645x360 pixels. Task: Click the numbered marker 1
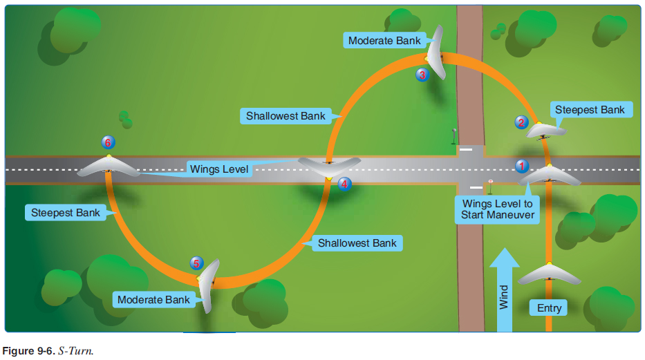[x=522, y=166]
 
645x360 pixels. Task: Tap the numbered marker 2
[x=521, y=122]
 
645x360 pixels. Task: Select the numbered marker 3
[x=422, y=75]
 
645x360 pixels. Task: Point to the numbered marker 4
[x=344, y=184]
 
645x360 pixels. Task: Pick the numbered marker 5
[x=197, y=263]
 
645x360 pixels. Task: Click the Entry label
[x=550, y=308]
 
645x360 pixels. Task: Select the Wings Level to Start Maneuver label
[x=498, y=209]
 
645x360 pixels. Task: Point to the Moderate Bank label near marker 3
[x=384, y=40]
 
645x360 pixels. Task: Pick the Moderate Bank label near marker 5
[x=153, y=300]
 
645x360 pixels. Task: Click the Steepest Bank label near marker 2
[x=590, y=110]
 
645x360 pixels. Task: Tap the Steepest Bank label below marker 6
[x=66, y=213]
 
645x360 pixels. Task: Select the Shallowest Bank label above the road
[x=286, y=116]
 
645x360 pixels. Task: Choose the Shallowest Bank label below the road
[x=357, y=243]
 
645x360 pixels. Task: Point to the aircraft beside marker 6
[x=109, y=167]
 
